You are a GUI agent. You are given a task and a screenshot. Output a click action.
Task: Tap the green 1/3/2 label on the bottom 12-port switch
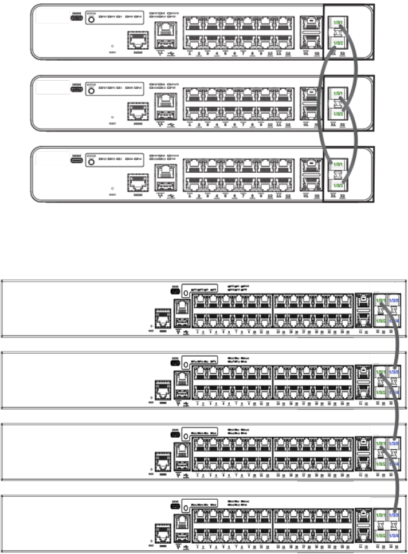[338, 186]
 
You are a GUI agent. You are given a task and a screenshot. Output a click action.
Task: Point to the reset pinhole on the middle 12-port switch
[112, 117]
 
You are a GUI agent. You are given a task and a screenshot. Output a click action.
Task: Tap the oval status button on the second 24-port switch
[185, 365]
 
